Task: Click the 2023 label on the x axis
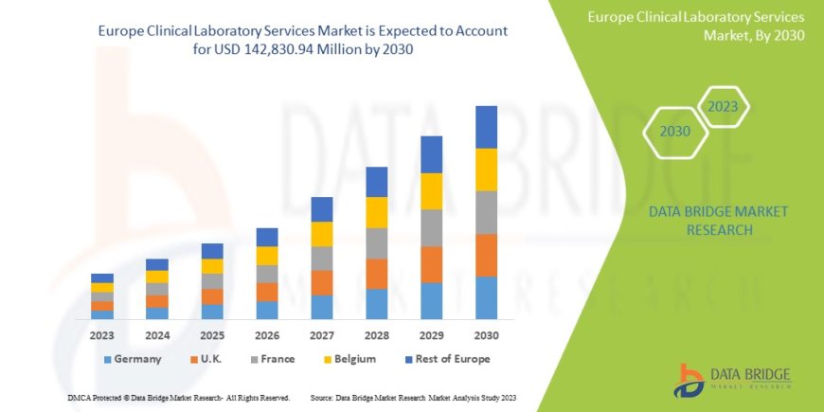pyautogui.click(x=102, y=335)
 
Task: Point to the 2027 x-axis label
pyautogui.click(x=322, y=335)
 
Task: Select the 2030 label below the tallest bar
pyautogui.click(x=487, y=335)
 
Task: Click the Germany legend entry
pyautogui.click(x=132, y=359)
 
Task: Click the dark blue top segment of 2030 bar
pyautogui.click(x=487, y=127)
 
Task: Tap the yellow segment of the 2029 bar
pyautogui.click(x=432, y=191)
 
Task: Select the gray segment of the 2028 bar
pyautogui.click(x=377, y=243)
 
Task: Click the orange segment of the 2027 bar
pyautogui.click(x=322, y=282)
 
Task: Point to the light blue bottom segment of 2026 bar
pyautogui.click(x=267, y=310)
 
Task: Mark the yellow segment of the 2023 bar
pyautogui.click(x=102, y=287)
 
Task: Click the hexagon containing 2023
pyautogui.click(x=724, y=107)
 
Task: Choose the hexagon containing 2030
pyautogui.click(x=674, y=132)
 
